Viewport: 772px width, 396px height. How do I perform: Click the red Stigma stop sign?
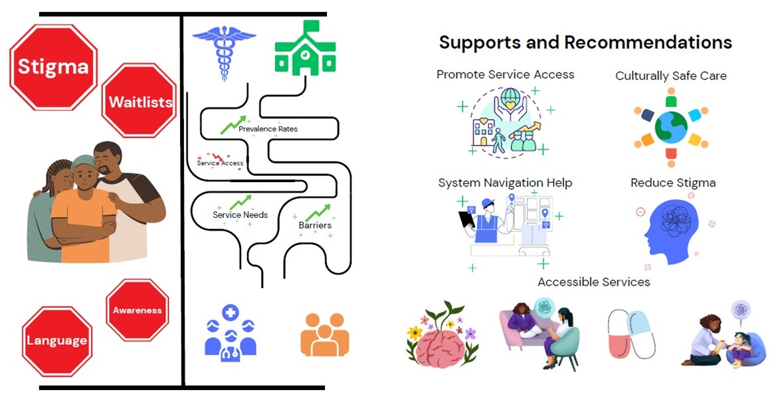[x=53, y=67]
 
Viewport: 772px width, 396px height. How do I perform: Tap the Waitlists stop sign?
[x=140, y=102]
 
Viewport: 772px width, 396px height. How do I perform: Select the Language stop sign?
[x=56, y=341]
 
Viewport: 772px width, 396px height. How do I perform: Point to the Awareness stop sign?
[x=137, y=310]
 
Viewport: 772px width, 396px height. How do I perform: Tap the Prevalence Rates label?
[x=268, y=129]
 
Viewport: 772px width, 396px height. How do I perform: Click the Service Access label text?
[x=220, y=163]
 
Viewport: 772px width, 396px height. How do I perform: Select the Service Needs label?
[x=240, y=215]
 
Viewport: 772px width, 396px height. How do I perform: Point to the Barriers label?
[x=315, y=225]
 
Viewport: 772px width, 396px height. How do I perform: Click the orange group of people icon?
[x=324, y=333]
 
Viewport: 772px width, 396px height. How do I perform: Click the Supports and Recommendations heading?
[x=585, y=43]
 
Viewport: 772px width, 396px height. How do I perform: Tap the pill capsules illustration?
[x=631, y=334]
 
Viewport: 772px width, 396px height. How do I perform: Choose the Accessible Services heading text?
[x=593, y=282]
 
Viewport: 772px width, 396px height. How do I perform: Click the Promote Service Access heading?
[x=505, y=74]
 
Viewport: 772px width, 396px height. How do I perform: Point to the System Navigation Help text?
[x=505, y=183]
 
